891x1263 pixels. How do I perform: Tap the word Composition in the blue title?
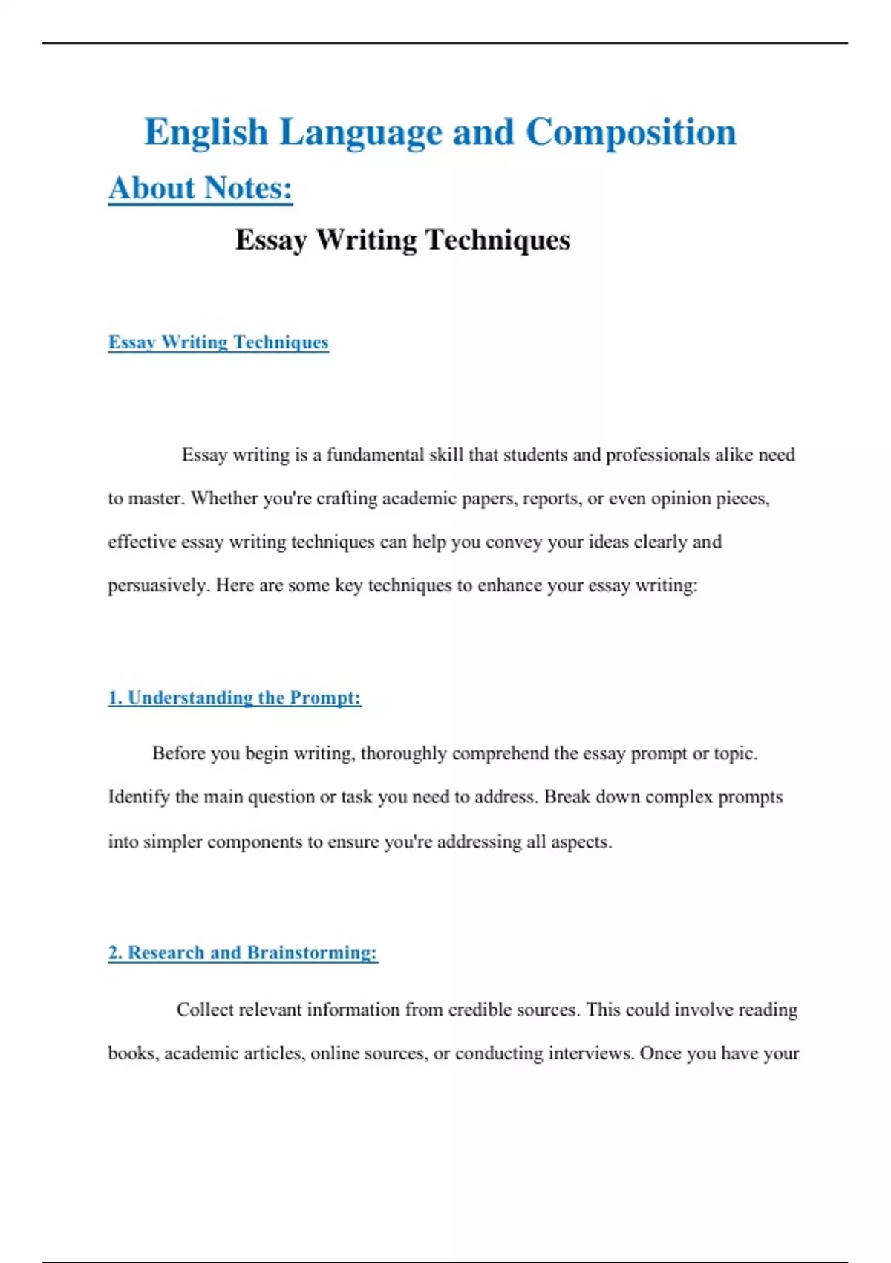point(630,133)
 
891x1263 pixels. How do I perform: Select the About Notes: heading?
point(200,189)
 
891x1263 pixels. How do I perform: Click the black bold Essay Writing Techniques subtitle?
point(402,240)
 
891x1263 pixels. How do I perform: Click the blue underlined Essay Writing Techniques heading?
point(218,342)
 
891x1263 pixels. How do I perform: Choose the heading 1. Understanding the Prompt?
point(235,698)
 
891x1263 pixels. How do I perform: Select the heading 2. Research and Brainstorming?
point(243,953)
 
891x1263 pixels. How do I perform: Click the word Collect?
point(202,1010)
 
